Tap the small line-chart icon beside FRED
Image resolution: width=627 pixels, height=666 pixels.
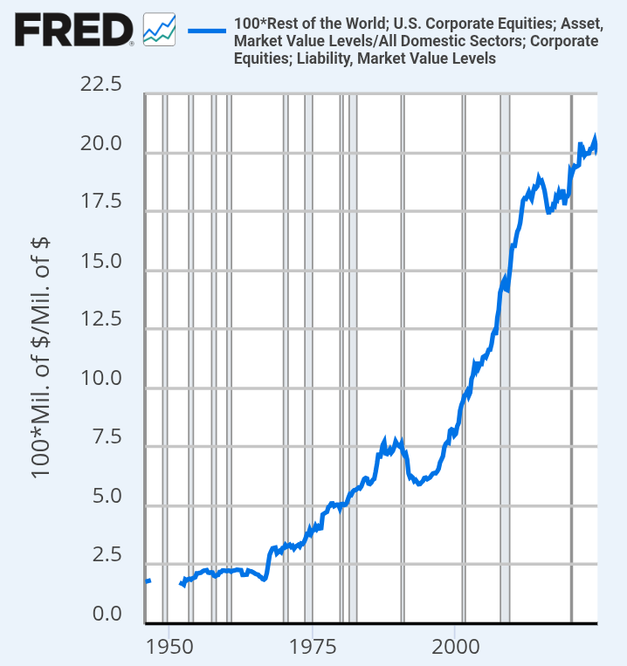[x=159, y=30]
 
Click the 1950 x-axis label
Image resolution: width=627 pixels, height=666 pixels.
[x=169, y=647]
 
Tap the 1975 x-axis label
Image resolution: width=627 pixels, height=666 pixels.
[x=313, y=647]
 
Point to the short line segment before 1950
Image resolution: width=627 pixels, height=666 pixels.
[x=148, y=581]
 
